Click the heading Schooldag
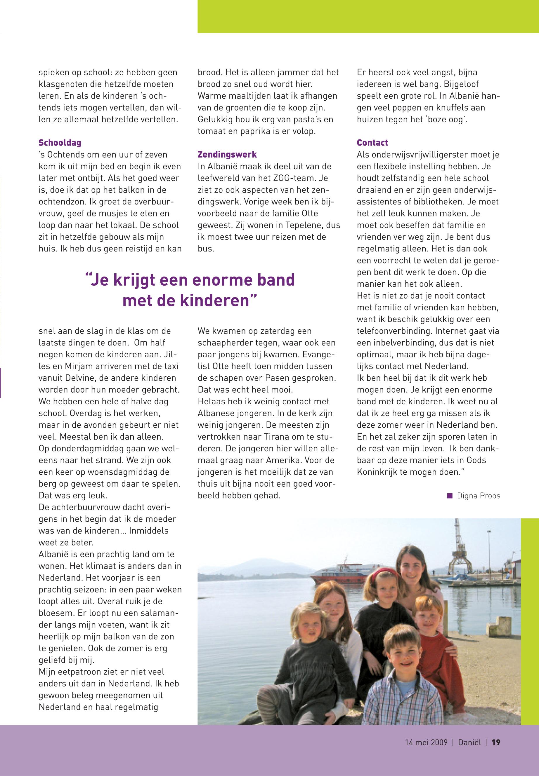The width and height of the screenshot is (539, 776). click(x=60, y=143)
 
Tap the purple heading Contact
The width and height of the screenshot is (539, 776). click(x=372, y=143)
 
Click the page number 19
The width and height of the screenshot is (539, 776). click(x=496, y=742)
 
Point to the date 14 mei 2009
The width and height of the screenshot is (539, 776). click(x=426, y=742)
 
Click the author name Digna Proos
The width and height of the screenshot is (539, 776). click(x=478, y=496)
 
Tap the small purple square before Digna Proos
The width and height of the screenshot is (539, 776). click(x=450, y=496)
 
